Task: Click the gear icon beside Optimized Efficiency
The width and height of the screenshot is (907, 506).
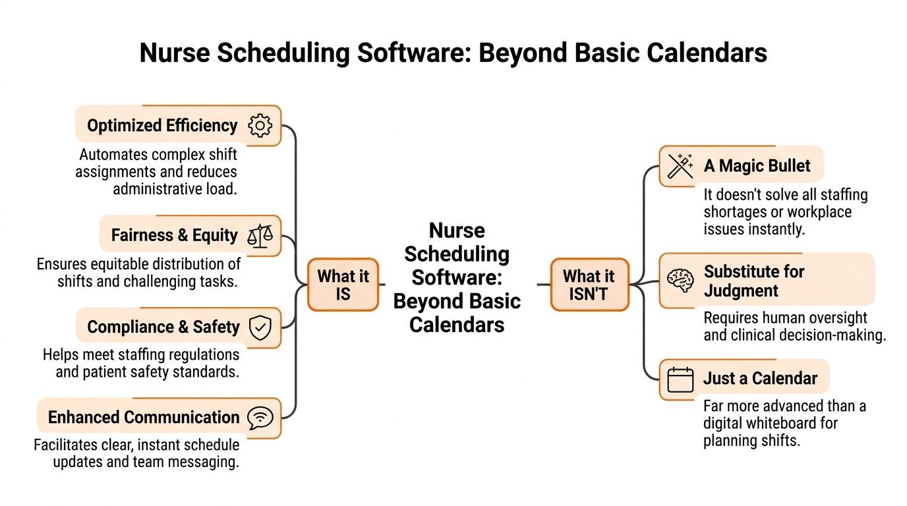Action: [260, 125]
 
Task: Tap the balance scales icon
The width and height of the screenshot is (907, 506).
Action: [260, 235]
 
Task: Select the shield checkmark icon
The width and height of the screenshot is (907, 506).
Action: [260, 327]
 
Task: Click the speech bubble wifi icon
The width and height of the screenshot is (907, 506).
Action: [260, 418]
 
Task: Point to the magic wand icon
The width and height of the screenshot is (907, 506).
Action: [680, 165]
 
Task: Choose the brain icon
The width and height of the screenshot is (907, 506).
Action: [680, 281]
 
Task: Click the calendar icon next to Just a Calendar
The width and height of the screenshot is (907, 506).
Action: [680, 379]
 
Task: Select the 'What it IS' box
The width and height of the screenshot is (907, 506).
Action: [343, 285]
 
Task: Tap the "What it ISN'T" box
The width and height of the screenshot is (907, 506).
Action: [589, 285]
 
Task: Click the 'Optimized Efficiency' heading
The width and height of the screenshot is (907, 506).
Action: [162, 125]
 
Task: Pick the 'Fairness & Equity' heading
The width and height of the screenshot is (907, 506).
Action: [174, 235]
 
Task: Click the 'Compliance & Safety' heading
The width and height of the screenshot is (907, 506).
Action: [163, 327]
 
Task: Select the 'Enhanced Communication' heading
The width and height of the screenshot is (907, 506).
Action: [144, 418]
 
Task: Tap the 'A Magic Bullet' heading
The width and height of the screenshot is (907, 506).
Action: [757, 165]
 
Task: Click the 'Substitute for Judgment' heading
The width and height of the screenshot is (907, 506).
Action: [754, 281]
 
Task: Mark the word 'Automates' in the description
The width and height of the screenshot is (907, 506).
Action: [113, 155]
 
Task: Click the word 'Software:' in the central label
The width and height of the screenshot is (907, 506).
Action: [456, 277]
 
